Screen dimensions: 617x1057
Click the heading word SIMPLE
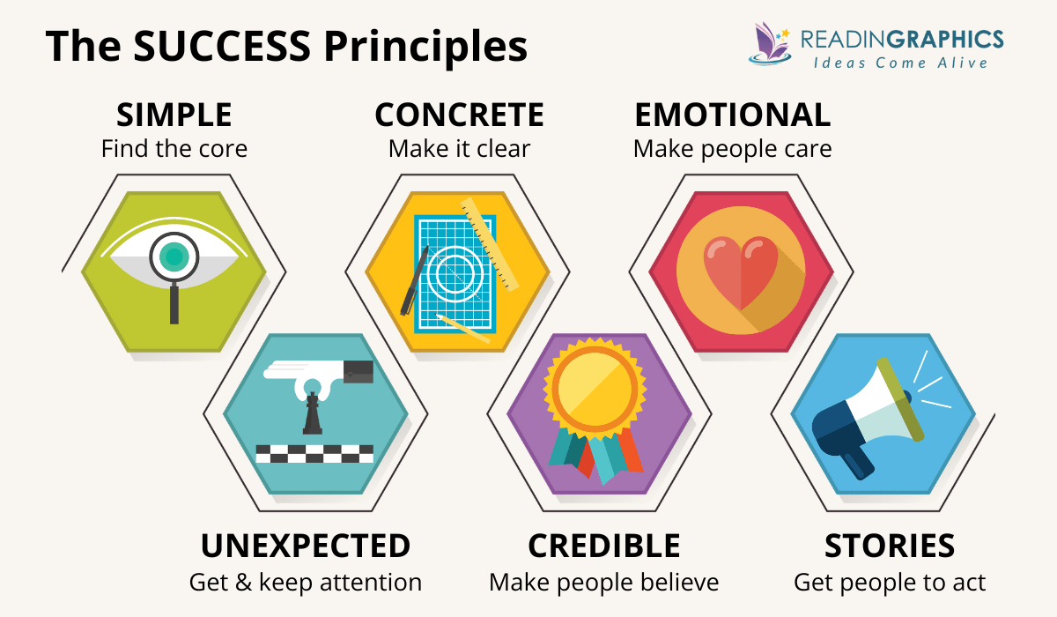point(174,115)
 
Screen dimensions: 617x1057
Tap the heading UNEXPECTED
point(306,546)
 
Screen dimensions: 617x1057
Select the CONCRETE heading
point(459,115)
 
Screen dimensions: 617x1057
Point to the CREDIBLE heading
point(603,546)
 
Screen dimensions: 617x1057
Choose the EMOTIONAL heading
point(732,115)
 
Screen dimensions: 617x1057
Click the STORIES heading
point(890,546)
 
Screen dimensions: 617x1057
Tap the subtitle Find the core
point(174,148)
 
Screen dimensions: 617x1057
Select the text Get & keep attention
point(306,583)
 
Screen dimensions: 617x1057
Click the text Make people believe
point(603,583)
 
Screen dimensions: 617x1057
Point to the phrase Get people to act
point(890,583)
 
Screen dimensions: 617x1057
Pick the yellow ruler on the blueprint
point(489,243)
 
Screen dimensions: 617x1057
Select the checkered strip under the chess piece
point(314,454)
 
